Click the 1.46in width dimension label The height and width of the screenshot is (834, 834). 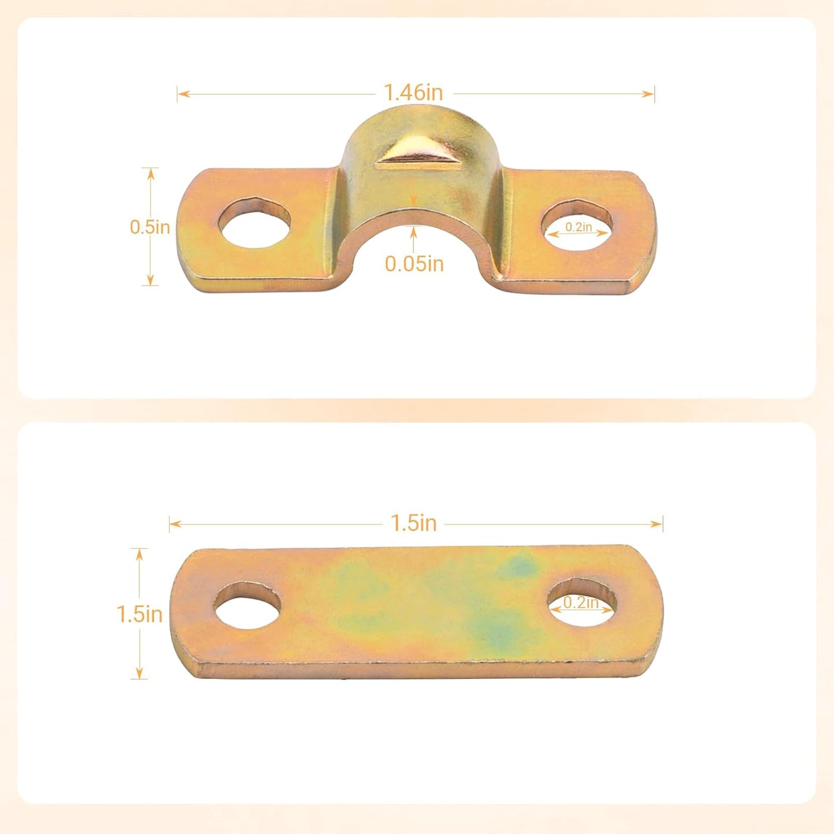pos(414,92)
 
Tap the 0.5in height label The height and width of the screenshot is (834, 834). pos(149,227)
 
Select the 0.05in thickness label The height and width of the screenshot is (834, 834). pos(414,264)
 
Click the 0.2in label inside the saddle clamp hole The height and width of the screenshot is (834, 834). pos(578,227)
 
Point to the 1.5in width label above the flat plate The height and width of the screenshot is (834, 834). pos(414,523)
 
